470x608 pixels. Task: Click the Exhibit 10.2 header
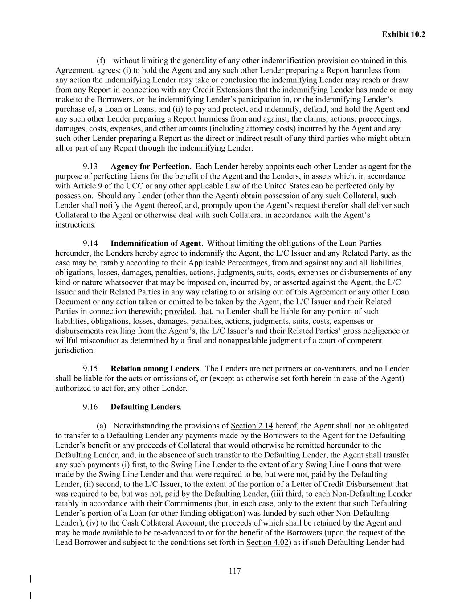(x=403, y=34)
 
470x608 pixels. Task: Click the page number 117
(x=235, y=571)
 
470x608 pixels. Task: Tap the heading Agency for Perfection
(x=150, y=167)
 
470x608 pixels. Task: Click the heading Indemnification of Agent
(x=156, y=243)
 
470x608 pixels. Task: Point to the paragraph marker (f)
(x=101, y=61)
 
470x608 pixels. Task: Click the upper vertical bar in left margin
(x=30, y=579)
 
